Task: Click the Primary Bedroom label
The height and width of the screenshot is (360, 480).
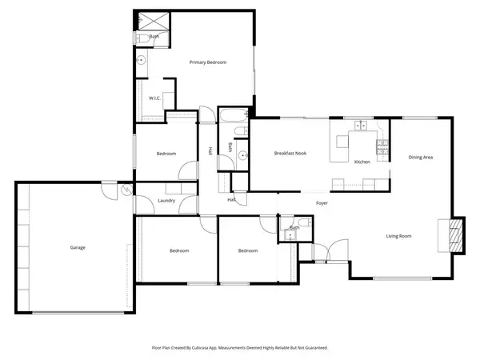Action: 207,62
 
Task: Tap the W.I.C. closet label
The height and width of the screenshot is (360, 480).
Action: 156,98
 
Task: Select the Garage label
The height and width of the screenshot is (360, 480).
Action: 78,247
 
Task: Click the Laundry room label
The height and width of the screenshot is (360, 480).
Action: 166,201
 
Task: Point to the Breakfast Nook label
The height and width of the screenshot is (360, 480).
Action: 290,153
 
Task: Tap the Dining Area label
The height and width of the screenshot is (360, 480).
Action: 421,158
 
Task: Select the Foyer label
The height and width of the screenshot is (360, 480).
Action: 322,203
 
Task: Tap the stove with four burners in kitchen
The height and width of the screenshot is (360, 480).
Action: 382,146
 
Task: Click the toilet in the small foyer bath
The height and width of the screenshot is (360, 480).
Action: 286,235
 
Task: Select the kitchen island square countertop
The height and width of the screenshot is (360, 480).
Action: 343,142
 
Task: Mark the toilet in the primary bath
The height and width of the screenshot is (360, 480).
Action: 139,38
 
